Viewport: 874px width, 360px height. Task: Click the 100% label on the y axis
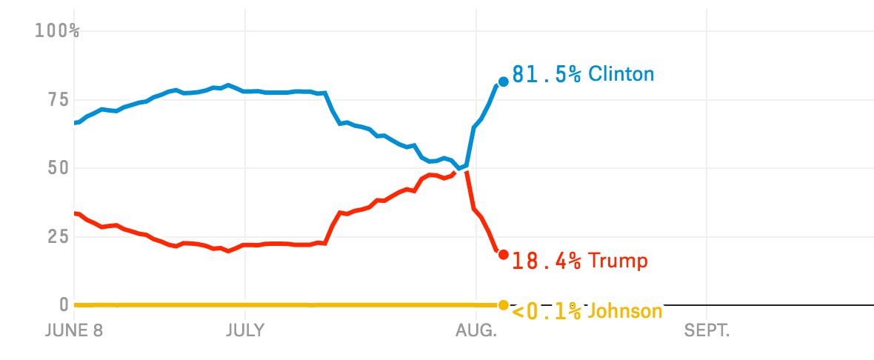[57, 30]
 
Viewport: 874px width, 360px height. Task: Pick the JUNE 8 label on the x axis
[73, 329]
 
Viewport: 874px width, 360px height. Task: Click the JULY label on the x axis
[245, 329]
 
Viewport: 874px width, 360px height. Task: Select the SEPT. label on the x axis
[707, 329]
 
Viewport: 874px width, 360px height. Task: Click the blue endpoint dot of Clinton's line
[503, 81]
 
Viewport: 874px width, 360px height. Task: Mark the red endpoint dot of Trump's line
[503, 255]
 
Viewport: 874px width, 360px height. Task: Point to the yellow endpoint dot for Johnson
[503, 304]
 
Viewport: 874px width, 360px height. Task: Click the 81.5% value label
[547, 75]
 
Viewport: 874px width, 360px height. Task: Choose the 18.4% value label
[547, 261]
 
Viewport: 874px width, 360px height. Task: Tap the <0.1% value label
[547, 312]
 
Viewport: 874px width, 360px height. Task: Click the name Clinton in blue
[621, 75]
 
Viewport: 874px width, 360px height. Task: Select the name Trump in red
[618, 261]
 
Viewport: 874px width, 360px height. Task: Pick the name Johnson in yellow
[625, 312]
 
